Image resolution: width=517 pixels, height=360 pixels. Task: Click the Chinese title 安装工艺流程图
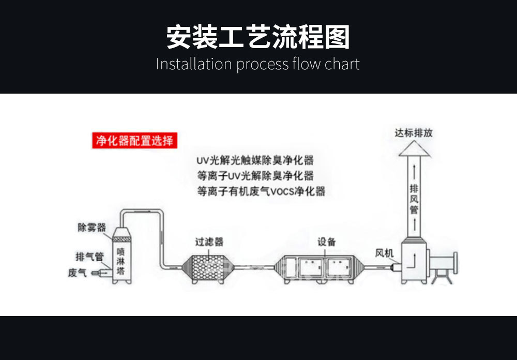click(x=258, y=38)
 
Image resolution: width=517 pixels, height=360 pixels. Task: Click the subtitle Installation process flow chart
click(x=258, y=64)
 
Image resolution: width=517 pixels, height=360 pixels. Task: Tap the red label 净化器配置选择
click(x=134, y=140)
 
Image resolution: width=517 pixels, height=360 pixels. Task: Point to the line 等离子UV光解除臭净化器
click(x=255, y=176)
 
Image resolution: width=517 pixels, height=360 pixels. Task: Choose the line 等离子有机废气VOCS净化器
click(x=261, y=191)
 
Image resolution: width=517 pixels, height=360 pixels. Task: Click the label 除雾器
click(x=92, y=227)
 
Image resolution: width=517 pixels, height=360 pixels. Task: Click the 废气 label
click(x=77, y=272)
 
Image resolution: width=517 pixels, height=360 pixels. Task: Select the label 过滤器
click(x=209, y=242)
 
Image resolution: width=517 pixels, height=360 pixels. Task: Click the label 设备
click(x=326, y=242)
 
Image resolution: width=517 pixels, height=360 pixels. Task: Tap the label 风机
click(x=384, y=253)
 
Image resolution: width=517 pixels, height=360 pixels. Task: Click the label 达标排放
click(x=414, y=133)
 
